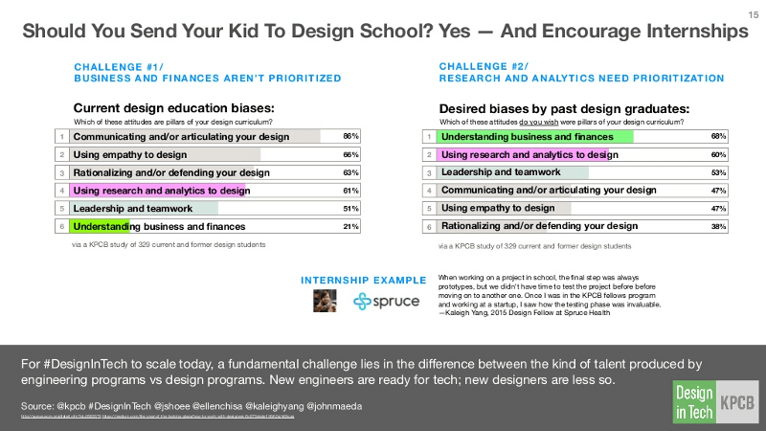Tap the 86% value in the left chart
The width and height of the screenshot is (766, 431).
(350, 136)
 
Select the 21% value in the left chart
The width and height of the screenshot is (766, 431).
(350, 227)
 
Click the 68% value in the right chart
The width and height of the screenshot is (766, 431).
(718, 136)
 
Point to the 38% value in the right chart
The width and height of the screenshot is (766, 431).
(718, 227)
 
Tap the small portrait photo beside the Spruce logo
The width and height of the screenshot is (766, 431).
(326, 301)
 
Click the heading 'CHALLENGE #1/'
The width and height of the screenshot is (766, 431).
(107, 66)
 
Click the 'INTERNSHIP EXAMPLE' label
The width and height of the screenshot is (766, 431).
(364, 280)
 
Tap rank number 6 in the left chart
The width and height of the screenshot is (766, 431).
(60, 227)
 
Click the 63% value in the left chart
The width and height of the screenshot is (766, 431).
(350, 172)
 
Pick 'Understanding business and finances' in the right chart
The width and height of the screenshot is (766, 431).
(527, 136)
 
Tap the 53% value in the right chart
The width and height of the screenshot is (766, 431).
(718, 172)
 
